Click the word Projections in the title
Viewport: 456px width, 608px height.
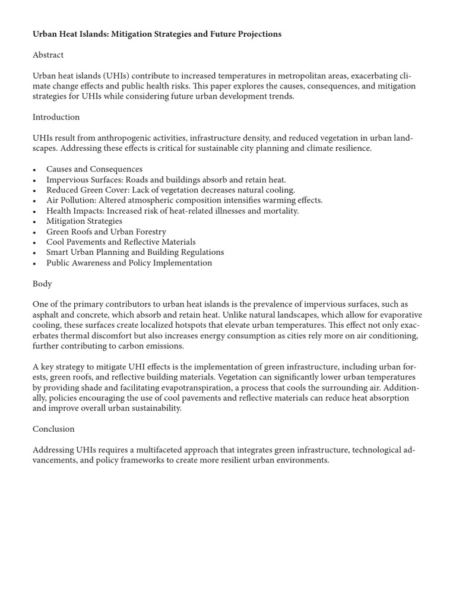pos(258,34)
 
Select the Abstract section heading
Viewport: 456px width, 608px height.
pos(48,55)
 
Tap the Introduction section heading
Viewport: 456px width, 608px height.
pos(56,117)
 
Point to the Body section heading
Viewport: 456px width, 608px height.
pos(42,284)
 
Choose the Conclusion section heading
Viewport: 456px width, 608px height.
pos(53,429)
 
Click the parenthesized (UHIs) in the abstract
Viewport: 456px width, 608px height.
pos(121,76)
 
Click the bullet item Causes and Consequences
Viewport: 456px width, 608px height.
pos(94,169)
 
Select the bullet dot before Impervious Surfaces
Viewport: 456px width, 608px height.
pos(35,180)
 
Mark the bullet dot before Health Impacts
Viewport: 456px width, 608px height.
pos(35,211)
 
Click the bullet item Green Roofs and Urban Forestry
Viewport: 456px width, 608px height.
pos(106,232)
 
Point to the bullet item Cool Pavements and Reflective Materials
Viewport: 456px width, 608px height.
pos(121,242)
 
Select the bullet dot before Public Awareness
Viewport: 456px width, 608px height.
pos(35,263)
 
